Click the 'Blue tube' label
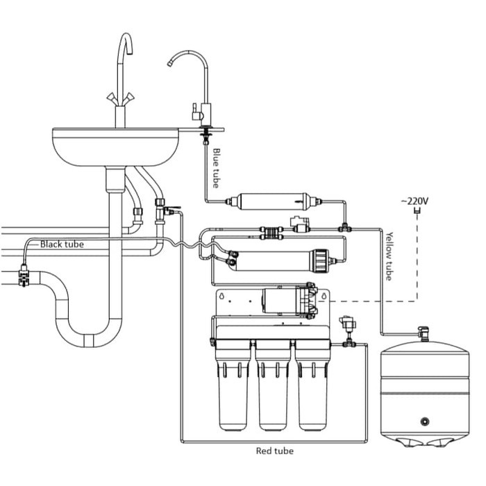pyautogui.click(x=216, y=169)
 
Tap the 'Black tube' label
pyautogui.click(x=62, y=244)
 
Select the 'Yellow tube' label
pyautogui.click(x=389, y=256)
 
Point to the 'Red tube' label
pyautogui.click(x=275, y=451)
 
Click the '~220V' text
pyautogui.click(x=416, y=201)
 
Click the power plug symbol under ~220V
pyautogui.click(x=417, y=215)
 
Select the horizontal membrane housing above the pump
pyautogui.click(x=278, y=260)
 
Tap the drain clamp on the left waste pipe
pyautogui.click(x=24, y=278)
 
